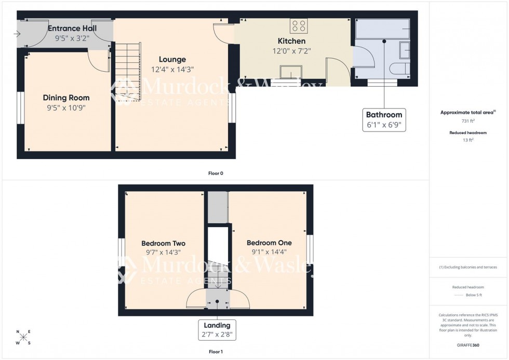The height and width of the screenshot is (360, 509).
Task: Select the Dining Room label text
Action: tap(66, 98)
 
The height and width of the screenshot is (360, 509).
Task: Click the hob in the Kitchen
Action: tap(298, 26)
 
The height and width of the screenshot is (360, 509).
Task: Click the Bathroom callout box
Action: tap(384, 120)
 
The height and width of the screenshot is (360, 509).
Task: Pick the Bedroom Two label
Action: tap(163, 243)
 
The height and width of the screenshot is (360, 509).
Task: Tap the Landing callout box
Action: tap(217, 329)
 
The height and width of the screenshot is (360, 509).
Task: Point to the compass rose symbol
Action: tap(23, 337)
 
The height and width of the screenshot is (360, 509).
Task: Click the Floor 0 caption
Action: tap(215, 173)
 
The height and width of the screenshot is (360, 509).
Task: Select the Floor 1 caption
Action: tap(215, 352)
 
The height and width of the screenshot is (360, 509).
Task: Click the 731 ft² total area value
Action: tap(468, 121)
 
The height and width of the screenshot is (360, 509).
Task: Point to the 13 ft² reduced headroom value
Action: tap(468, 140)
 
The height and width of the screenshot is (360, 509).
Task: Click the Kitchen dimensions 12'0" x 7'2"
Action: tap(291, 51)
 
